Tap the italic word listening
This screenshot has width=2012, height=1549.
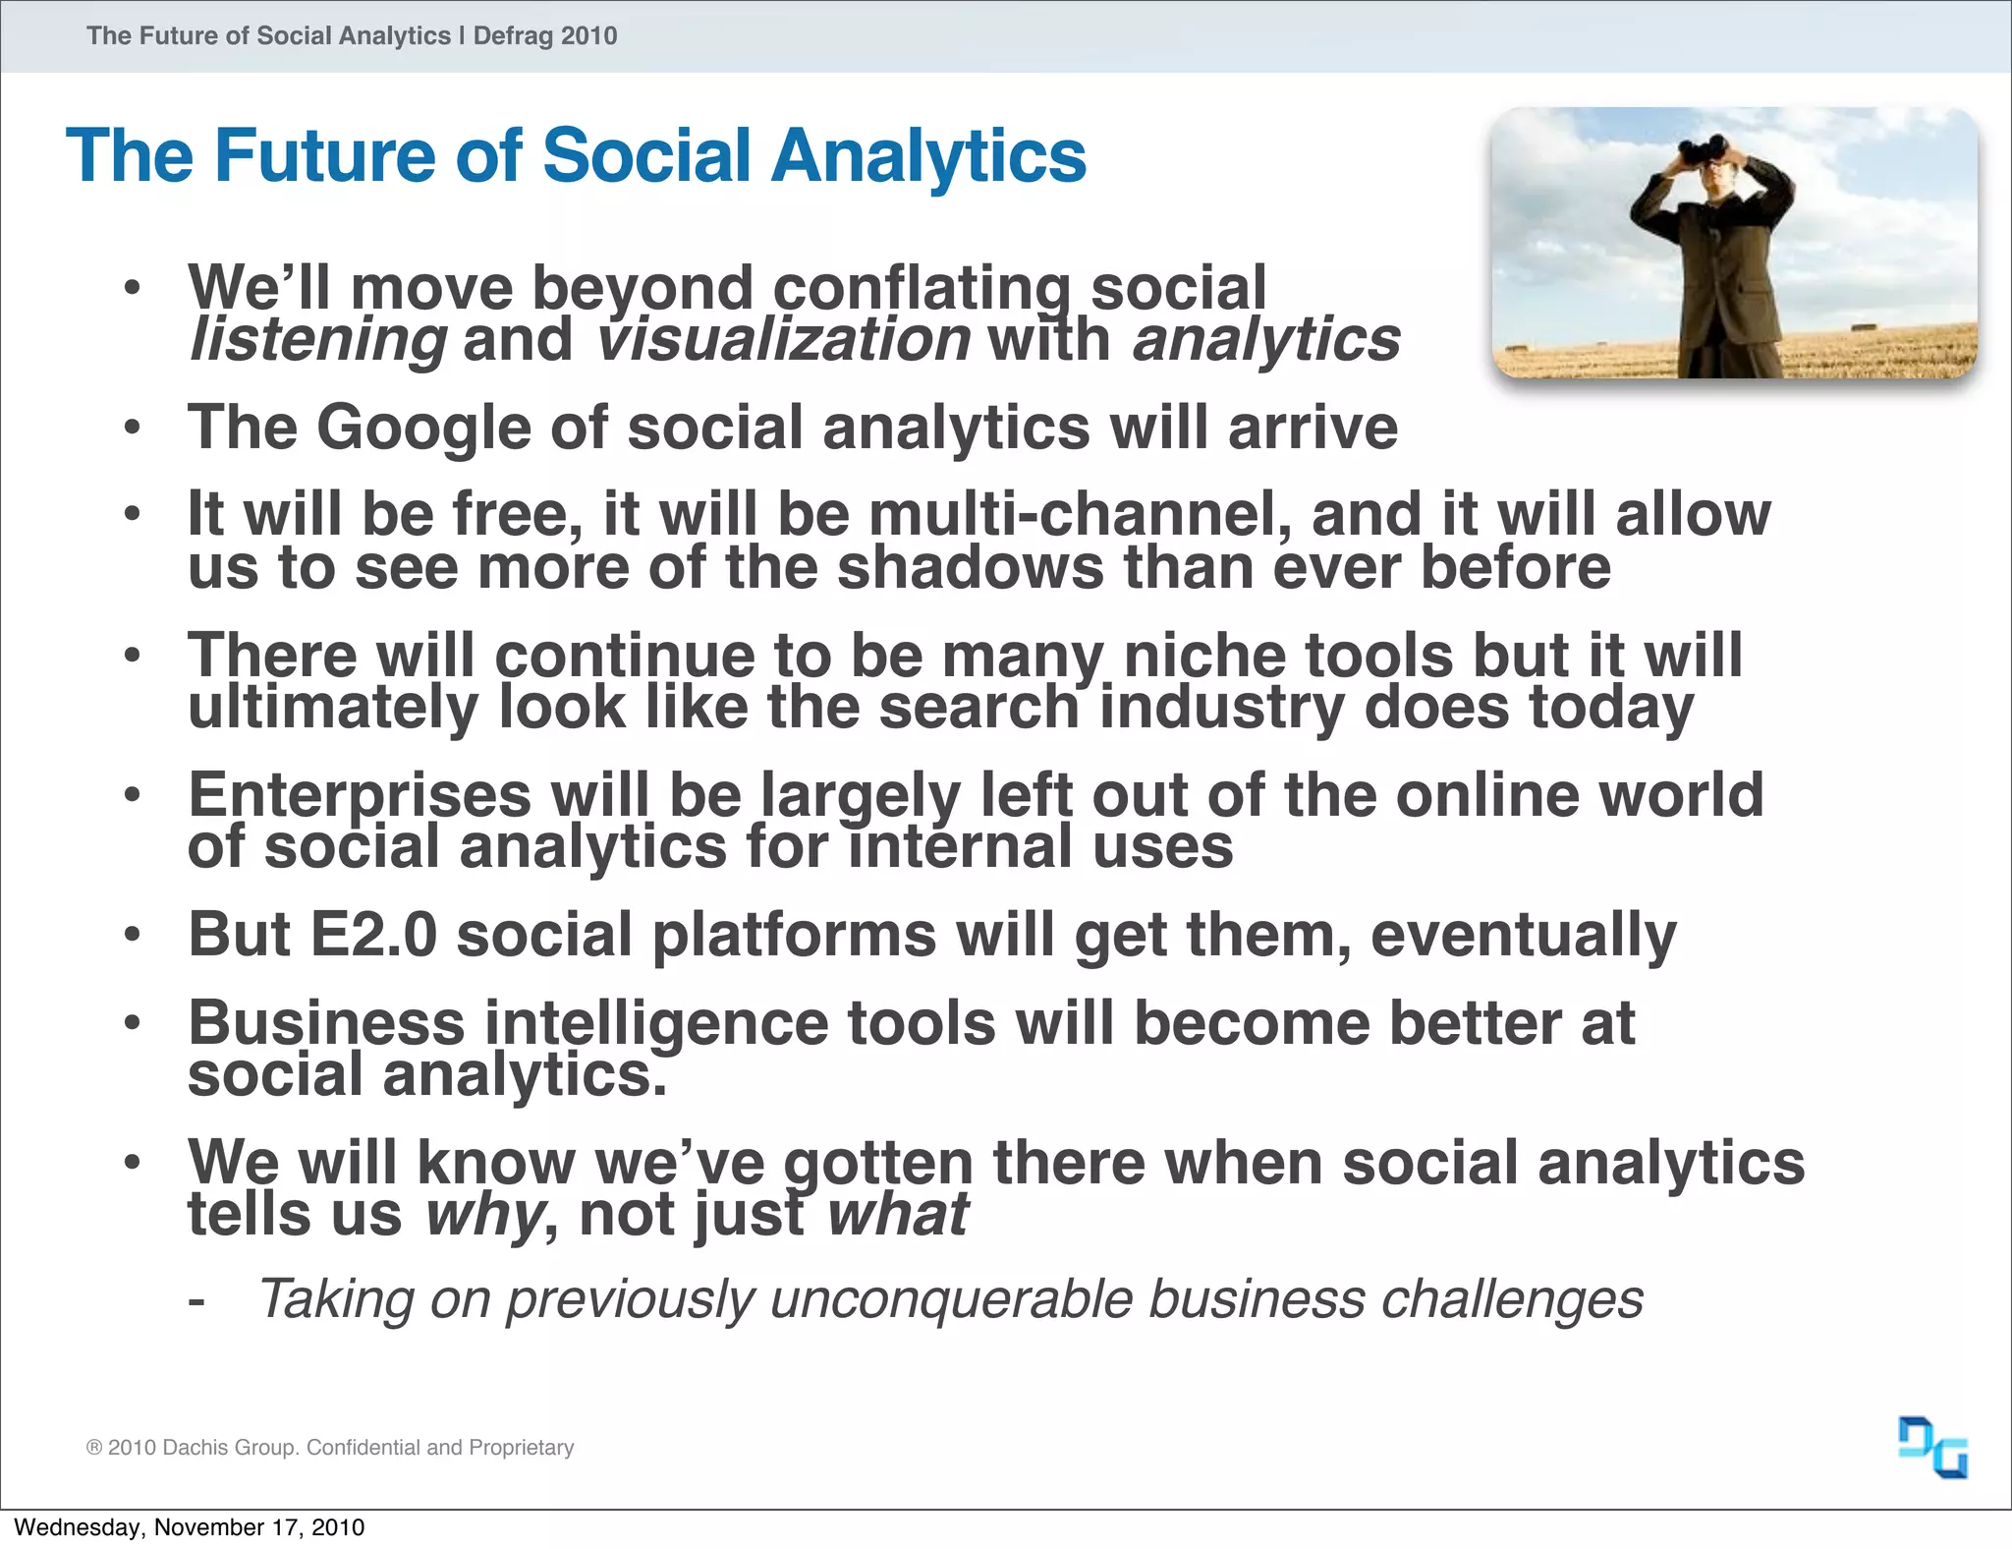(x=318, y=340)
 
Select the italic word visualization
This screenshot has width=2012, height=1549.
(x=783, y=340)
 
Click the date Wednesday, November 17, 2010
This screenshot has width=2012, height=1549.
(x=189, y=1527)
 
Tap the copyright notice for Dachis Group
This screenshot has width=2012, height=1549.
(x=330, y=1447)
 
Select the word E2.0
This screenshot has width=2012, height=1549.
(x=372, y=935)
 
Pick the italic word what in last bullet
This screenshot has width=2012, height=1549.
(x=897, y=1215)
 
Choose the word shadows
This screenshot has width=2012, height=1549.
(x=971, y=568)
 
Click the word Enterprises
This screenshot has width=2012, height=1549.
(x=360, y=795)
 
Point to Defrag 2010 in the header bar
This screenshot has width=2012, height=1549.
(x=545, y=36)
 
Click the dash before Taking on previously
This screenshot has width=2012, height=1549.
(x=196, y=1302)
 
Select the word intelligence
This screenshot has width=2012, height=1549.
(x=655, y=1024)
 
